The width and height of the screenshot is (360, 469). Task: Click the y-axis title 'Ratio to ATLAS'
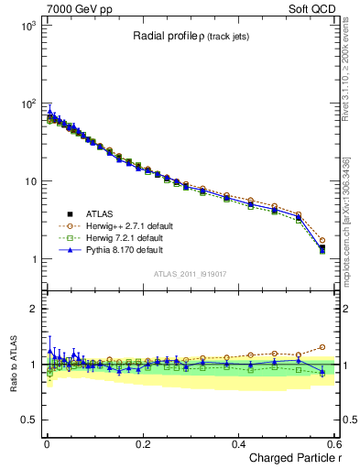tap(12, 364)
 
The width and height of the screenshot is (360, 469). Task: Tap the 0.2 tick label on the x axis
tap(141, 444)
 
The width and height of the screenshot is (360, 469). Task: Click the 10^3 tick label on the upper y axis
tap(26, 27)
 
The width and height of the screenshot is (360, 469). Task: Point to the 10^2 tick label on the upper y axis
tap(26, 104)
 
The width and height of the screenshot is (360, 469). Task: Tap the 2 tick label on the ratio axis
tap(30, 309)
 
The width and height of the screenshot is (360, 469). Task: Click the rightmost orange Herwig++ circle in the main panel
tap(322, 241)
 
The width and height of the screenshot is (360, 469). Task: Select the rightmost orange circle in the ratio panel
tap(322, 347)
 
